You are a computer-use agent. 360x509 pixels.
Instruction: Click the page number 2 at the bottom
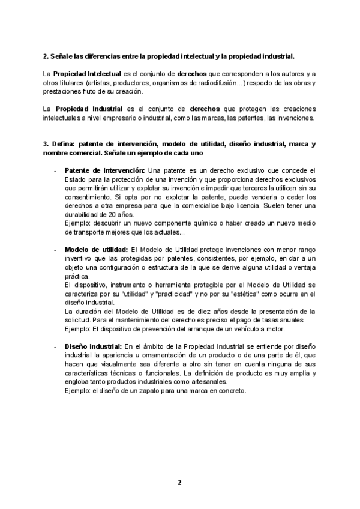point(179,482)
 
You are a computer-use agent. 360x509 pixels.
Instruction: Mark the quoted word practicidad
point(178,294)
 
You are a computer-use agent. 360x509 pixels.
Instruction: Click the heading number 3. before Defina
point(45,144)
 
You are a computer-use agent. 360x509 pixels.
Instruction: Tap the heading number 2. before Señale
point(45,56)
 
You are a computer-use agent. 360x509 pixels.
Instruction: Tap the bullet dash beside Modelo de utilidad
point(55,249)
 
